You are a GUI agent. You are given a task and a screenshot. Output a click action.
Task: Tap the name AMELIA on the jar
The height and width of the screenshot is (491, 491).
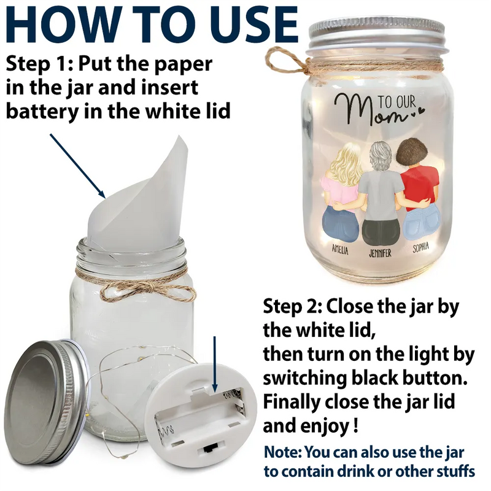click(x=340, y=250)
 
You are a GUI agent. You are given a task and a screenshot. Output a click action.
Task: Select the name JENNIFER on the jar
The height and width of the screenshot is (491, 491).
click(x=380, y=253)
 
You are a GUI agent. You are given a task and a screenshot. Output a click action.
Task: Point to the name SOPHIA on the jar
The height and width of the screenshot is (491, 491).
click(x=420, y=248)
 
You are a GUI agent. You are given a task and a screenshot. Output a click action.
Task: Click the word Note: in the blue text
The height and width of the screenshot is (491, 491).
click(x=283, y=452)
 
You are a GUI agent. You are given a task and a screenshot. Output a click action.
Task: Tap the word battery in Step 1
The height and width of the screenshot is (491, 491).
click(x=42, y=111)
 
